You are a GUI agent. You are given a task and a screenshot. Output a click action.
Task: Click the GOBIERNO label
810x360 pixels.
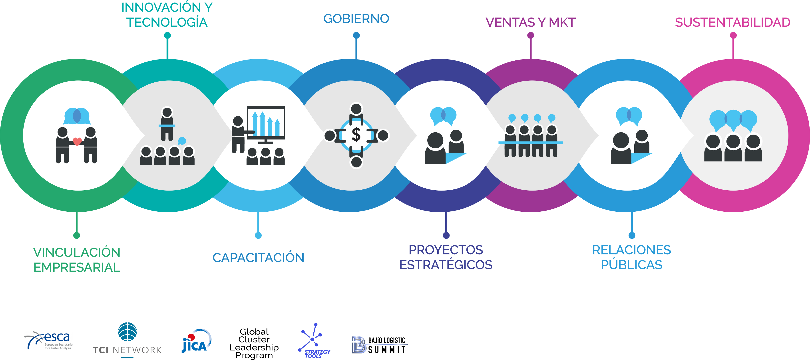pyautogui.click(x=356, y=19)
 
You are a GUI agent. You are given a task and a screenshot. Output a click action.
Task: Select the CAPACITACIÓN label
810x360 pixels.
pyautogui.click(x=258, y=258)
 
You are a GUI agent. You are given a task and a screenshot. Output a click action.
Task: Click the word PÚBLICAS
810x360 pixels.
pyautogui.click(x=631, y=265)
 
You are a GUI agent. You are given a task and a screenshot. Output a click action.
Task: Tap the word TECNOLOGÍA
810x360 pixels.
pyautogui.click(x=167, y=23)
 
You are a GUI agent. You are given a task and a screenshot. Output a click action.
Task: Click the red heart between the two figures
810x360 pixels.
pyautogui.click(x=77, y=141)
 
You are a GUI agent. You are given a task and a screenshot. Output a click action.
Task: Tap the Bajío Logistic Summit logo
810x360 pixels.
pyautogui.click(x=380, y=345)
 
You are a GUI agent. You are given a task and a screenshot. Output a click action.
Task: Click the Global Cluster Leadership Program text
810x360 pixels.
pyautogui.click(x=254, y=343)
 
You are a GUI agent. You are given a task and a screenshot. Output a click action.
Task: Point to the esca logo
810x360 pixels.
pyautogui.click(x=49, y=340)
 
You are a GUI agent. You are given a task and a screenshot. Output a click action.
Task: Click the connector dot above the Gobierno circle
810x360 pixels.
pyautogui.click(x=356, y=35)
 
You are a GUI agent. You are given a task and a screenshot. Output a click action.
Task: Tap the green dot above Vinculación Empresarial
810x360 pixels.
pyautogui.click(x=76, y=235)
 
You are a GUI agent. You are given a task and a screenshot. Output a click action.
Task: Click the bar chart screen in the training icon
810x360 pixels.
pyautogui.click(x=266, y=123)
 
